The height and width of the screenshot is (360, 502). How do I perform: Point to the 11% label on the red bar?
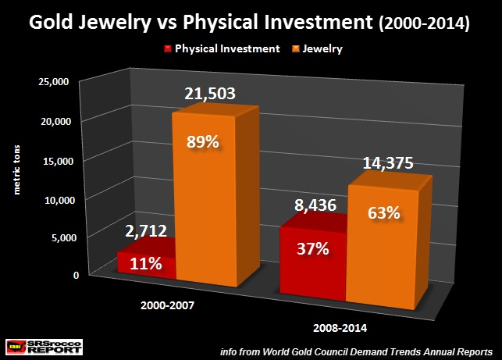point(145,264)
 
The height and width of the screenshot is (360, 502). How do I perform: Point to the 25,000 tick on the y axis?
point(54,81)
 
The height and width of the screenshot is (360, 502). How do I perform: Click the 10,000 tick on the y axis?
point(54,200)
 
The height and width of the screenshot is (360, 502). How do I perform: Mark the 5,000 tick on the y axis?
point(57,237)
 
